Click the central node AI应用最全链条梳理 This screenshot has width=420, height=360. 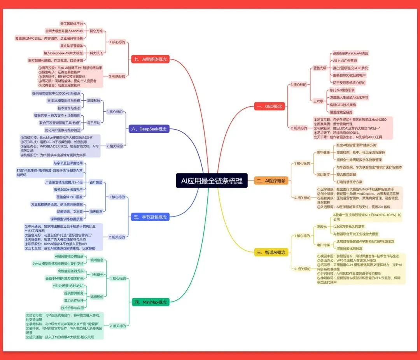pyautogui.click(x=212, y=181)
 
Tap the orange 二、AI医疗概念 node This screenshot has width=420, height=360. pyautogui.click(x=271, y=181)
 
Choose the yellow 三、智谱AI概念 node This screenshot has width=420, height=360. pyautogui.click(x=271, y=252)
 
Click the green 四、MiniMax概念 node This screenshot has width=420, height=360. pyautogui.click(x=150, y=302)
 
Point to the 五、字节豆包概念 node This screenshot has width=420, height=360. pyautogui.click(x=151, y=217)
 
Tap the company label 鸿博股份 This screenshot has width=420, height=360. pyautogui.click(x=97, y=297)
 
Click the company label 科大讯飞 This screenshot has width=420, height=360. pyautogui.click(x=96, y=53)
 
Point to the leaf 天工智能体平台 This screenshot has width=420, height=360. pyautogui.click(x=72, y=24)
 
